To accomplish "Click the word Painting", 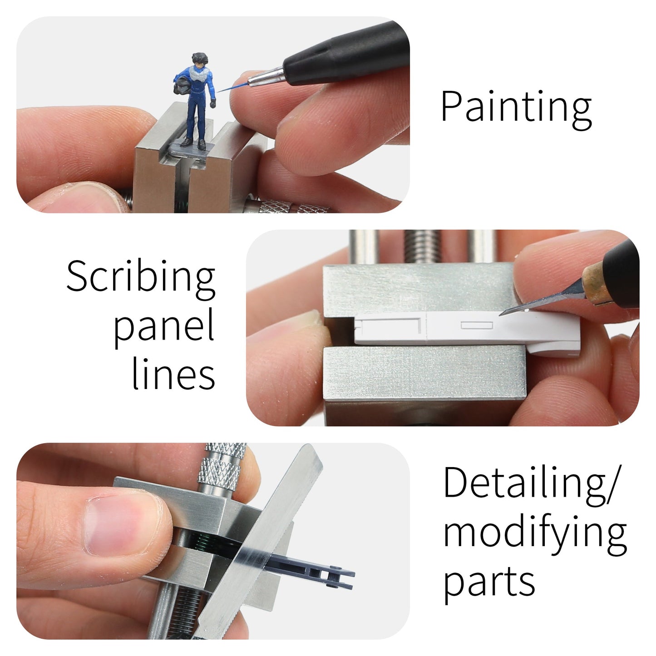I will click(x=516, y=107).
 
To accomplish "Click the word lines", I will click(x=173, y=375).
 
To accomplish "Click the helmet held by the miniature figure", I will click(x=182, y=85).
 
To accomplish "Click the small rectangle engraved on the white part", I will click(x=476, y=325).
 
